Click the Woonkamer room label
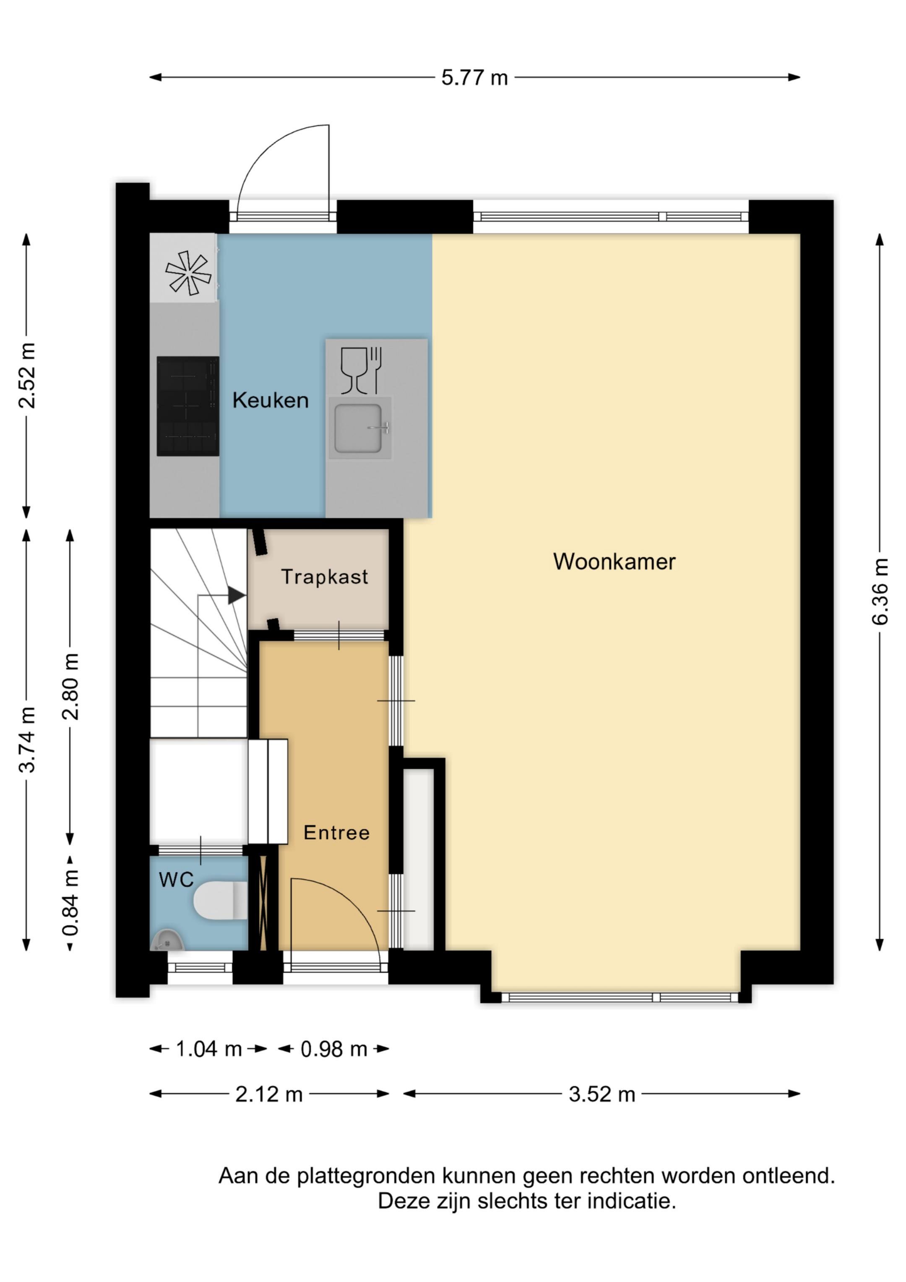(x=614, y=562)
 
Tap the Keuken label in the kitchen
(x=271, y=400)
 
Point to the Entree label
(x=337, y=833)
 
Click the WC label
(x=177, y=880)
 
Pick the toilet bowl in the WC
(x=221, y=900)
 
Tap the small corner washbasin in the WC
(x=167, y=940)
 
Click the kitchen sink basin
(x=359, y=428)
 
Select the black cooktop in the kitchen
(x=187, y=406)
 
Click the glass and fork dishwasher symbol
(x=361, y=370)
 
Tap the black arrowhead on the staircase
(x=237, y=595)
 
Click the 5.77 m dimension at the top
(x=474, y=78)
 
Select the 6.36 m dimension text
(x=879, y=591)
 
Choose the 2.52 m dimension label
(x=26, y=376)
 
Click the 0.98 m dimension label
(x=334, y=1049)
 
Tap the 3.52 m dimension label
(x=602, y=1094)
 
